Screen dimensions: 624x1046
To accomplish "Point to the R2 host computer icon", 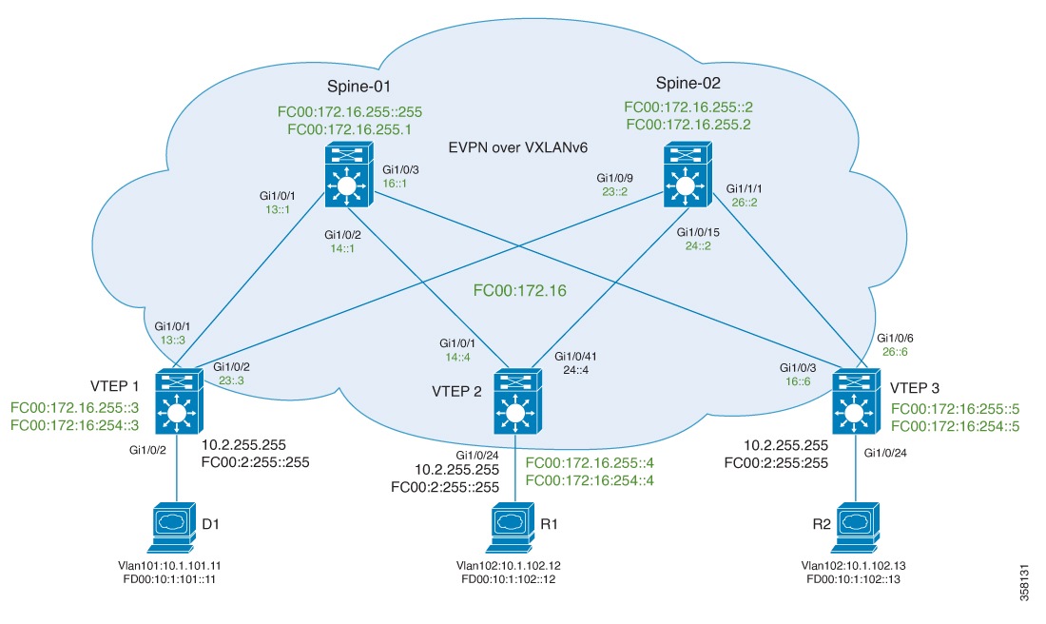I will [x=853, y=526].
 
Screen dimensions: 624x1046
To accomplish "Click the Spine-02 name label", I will [x=684, y=83].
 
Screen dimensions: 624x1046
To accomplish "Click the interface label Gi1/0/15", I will [x=698, y=231].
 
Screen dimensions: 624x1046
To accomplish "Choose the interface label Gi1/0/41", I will [x=576, y=355].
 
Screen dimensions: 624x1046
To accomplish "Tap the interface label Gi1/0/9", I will [x=616, y=177].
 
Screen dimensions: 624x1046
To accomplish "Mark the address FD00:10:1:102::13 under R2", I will [x=853, y=578].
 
